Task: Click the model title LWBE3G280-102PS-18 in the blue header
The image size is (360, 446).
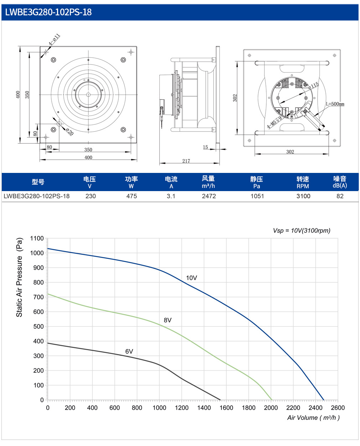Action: pyautogui.click(x=48, y=12)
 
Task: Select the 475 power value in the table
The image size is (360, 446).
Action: pyautogui.click(x=132, y=196)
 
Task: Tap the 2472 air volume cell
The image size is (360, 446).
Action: pyautogui.click(x=209, y=196)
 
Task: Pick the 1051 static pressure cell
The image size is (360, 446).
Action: pyautogui.click(x=257, y=196)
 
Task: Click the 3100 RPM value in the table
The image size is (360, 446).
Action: pyautogui.click(x=303, y=196)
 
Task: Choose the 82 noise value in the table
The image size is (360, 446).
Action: pyautogui.click(x=340, y=196)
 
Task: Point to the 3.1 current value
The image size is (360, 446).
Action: pyautogui.click(x=171, y=196)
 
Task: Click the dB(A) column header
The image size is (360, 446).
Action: pyautogui.click(x=340, y=185)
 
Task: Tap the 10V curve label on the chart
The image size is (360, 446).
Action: pyautogui.click(x=191, y=278)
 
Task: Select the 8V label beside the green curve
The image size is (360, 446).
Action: pyautogui.click(x=168, y=320)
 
